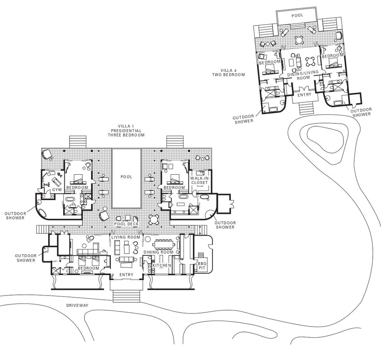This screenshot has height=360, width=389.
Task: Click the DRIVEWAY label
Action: click(77, 306)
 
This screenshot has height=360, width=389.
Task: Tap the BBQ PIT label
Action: click(202, 266)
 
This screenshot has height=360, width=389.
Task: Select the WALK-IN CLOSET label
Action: click(200, 180)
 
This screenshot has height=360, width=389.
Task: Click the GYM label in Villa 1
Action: click(57, 190)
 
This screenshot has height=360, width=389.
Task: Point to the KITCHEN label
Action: click(162, 265)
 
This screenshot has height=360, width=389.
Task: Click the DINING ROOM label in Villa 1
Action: click(159, 252)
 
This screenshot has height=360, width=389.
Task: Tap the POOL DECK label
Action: click(126, 224)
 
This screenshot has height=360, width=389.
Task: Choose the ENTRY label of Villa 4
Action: click(305, 95)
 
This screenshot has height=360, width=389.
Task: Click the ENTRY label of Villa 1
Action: click(126, 275)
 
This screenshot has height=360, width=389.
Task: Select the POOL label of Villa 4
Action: click(297, 15)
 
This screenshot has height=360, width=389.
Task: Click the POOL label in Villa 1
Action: click(126, 177)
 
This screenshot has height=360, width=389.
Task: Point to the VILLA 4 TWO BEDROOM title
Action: click(228, 72)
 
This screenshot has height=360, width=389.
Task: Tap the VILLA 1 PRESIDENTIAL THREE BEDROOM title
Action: click(126, 130)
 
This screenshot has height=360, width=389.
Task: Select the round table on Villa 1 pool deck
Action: click(154, 220)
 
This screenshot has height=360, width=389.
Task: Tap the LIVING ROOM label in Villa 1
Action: click(126, 237)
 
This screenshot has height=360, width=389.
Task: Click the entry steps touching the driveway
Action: click(126, 296)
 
